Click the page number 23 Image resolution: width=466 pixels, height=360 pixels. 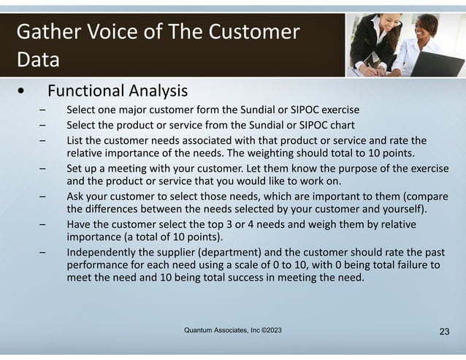[x=444, y=332]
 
